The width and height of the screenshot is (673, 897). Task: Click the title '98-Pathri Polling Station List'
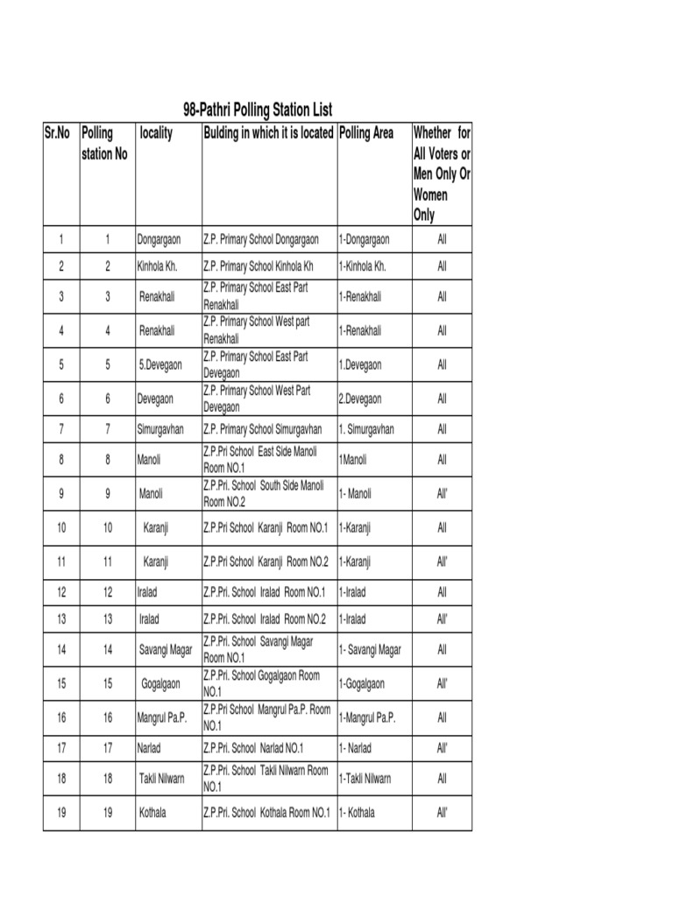(258, 110)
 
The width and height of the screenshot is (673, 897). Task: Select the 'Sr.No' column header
(57, 134)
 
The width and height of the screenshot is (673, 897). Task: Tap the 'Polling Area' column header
(365, 134)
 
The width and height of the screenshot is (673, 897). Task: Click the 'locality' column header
(156, 134)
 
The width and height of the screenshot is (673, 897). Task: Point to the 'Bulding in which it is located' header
(268, 134)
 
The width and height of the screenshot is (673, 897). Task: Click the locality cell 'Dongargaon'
(159, 239)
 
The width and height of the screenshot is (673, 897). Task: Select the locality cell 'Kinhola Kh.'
(158, 266)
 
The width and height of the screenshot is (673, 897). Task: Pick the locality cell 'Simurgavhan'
(162, 429)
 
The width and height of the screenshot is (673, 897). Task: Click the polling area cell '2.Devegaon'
(360, 399)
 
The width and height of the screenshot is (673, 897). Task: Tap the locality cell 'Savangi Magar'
(166, 650)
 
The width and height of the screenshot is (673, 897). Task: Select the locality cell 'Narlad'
(150, 748)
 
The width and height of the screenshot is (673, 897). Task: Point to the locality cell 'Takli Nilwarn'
(161, 779)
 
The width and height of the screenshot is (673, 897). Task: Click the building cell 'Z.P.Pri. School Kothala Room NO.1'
(266, 813)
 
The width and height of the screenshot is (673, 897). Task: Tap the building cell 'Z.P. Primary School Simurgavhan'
(263, 429)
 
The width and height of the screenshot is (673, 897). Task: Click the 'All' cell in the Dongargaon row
(442, 239)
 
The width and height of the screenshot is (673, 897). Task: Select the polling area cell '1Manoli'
(352, 460)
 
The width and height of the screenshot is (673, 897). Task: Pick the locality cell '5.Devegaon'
(159, 364)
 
